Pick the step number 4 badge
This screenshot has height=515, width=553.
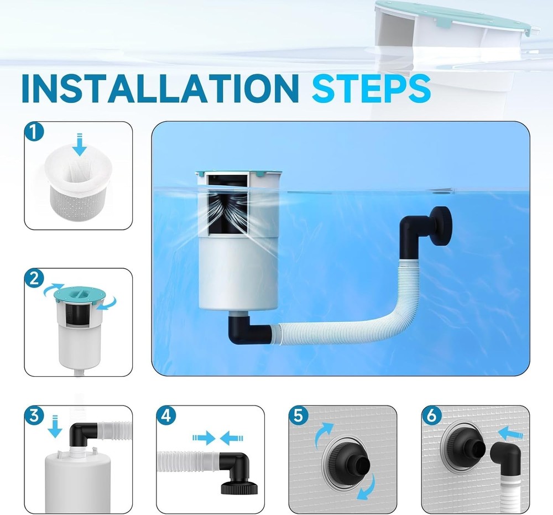[166, 417]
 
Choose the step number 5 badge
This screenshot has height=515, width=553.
[299, 417]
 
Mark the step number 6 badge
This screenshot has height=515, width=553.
[431, 417]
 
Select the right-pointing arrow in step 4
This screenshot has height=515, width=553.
[203, 438]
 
